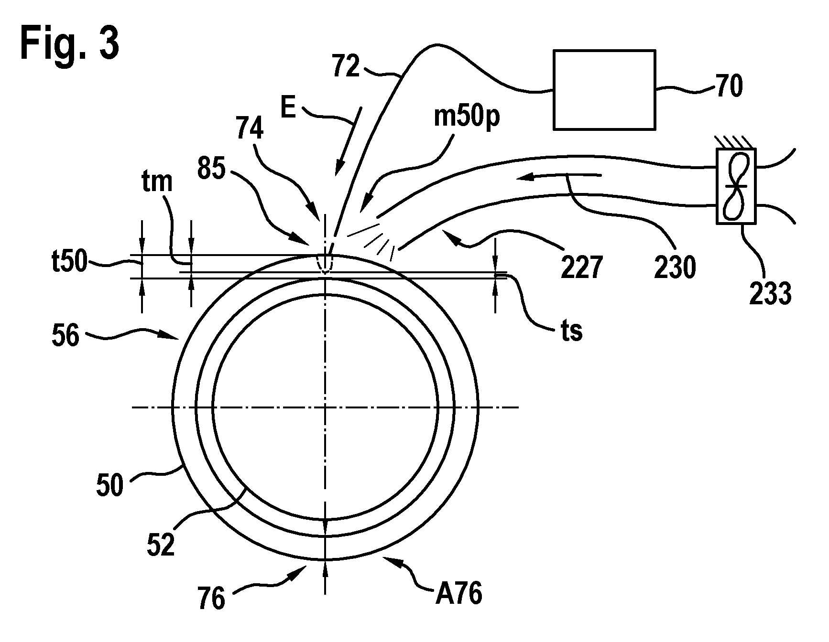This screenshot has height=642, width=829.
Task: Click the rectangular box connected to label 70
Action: pos(604,89)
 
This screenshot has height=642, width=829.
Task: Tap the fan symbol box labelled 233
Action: pos(736,186)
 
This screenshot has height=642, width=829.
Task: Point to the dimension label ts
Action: pos(571,331)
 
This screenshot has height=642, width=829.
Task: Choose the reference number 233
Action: pos(771,293)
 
